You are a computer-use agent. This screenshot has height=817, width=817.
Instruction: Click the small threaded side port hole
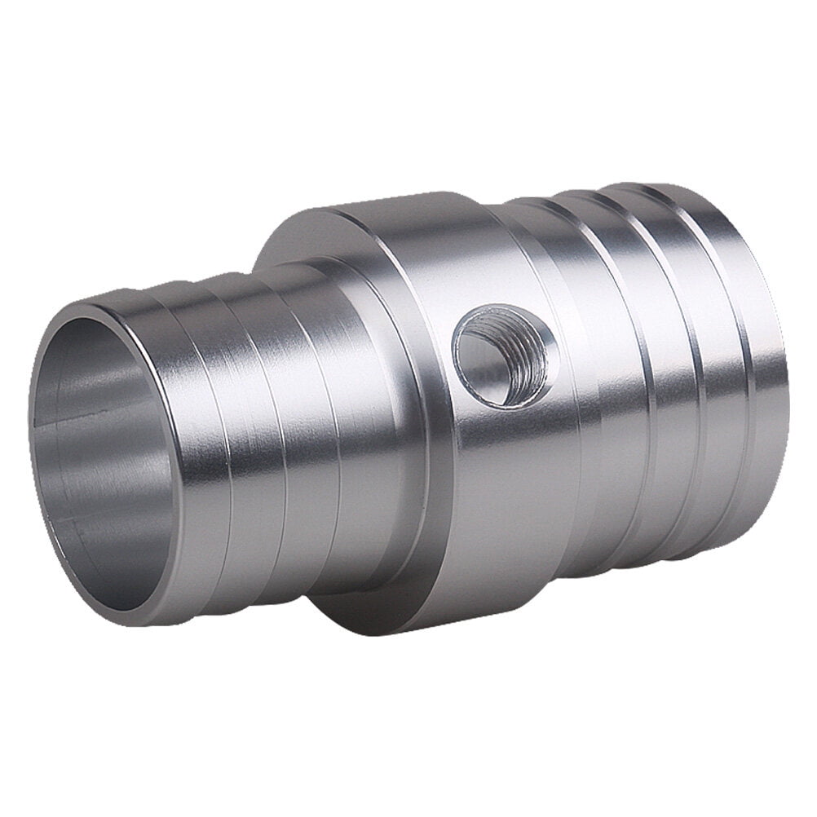(505, 355)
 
